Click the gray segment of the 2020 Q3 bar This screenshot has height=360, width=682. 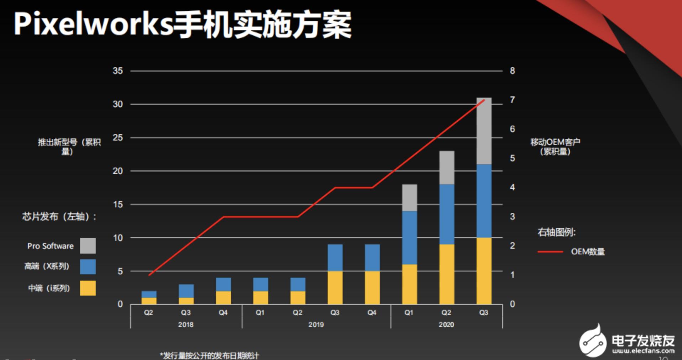[x=484, y=131]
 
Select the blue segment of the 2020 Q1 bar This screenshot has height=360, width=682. [x=409, y=237]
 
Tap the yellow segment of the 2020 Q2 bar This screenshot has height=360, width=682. [x=447, y=274]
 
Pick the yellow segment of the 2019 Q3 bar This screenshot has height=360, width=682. [x=335, y=287]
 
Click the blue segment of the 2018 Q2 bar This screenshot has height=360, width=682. [x=149, y=295]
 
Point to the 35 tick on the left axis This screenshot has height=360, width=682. [x=118, y=71]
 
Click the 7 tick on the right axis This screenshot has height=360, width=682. [x=512, y=100]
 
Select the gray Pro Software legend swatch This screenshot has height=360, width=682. [x=88, y=246]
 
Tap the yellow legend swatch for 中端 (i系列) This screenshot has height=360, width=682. [x=88, y=288]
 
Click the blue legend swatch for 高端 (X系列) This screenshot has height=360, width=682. [x=88, y=267]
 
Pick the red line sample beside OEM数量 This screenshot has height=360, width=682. [x=550, y=252]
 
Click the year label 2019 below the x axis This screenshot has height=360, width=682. [x=316, y=324]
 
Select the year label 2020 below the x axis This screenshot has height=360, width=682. [x=446, y=324]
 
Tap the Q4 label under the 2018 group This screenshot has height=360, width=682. [x=223, y=313]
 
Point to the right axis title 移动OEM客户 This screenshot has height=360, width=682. [x=555, y=142]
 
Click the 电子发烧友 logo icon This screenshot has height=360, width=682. [x=593, y=341]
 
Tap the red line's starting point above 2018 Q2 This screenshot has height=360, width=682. [x=149, y=275]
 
